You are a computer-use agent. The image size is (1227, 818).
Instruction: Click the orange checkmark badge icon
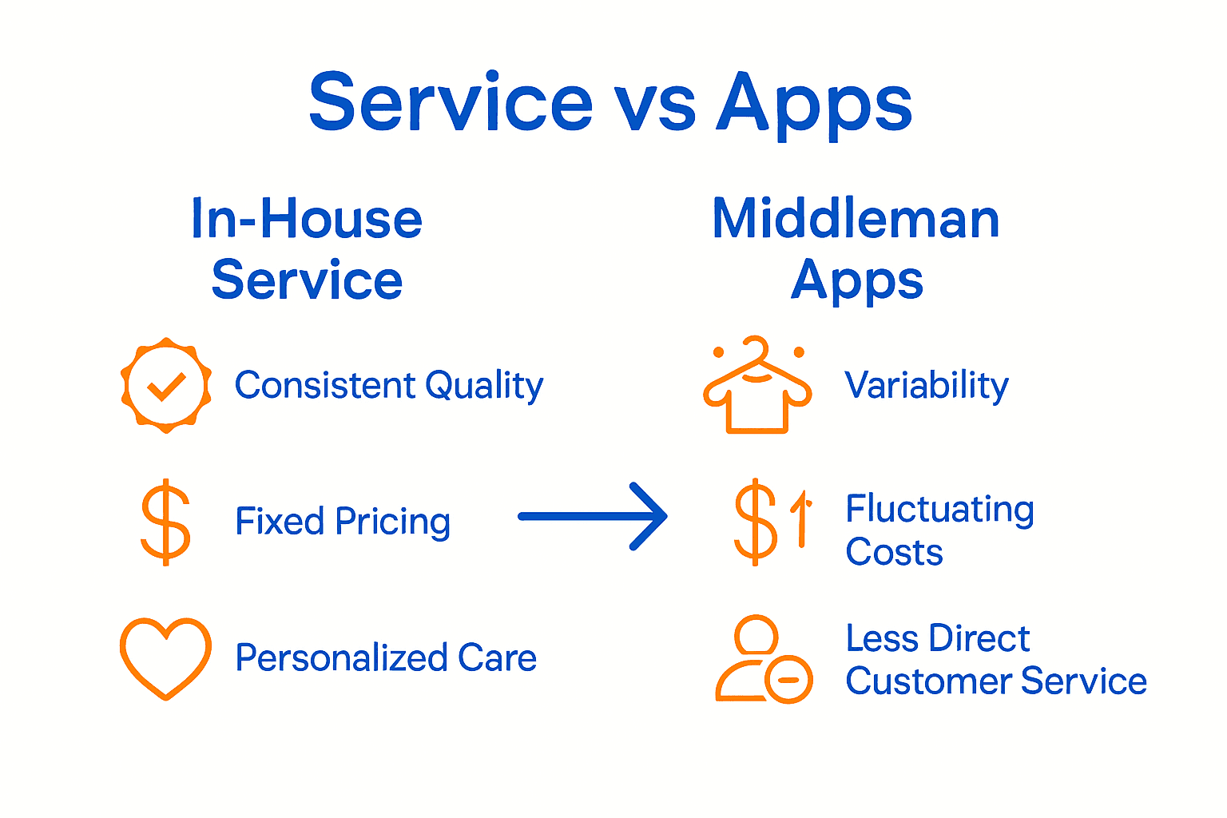pos(166,386)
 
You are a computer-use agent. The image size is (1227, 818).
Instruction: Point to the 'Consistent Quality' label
pos(389,386)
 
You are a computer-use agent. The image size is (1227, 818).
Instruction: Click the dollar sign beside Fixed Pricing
pos(165,522)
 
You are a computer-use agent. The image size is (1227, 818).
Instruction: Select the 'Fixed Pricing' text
pos(343,522)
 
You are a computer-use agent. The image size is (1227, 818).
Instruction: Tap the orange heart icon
pos(165,657)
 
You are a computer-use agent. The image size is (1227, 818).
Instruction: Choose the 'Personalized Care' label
pos(386,658)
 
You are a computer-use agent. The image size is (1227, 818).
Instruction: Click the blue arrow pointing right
pos(593,517)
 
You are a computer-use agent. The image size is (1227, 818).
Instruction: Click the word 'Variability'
pos(927,386)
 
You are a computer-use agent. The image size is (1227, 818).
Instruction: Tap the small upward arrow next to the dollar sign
pos(801,519)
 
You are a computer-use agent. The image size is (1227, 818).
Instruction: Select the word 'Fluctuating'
pos(940,510)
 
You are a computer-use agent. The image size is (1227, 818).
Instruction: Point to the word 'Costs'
pos(894,553)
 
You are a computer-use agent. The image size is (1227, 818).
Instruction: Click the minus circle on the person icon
pos(788,680)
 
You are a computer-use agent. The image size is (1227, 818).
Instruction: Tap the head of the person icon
pos(756,635)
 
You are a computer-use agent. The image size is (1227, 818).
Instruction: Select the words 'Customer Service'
pos(996,681)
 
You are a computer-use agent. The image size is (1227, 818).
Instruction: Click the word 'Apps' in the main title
pos(814,104)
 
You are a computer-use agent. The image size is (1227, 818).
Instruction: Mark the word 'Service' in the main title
pos(451,104)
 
